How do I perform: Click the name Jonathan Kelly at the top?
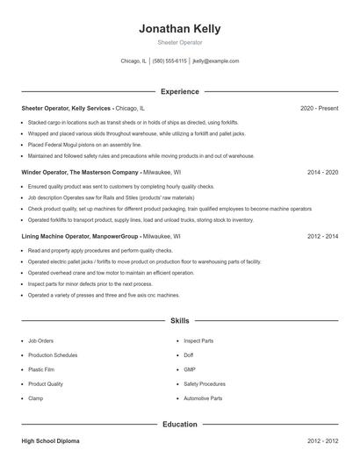(x=179, y=28)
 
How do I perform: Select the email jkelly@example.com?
(x=216, y=61)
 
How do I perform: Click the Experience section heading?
(x=179, y=91)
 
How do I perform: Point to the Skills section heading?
(x=179, y=321)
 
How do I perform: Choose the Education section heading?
(x=179, y=425)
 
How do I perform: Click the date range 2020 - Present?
(x=319, y=108)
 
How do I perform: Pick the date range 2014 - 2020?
(x=322, y=173)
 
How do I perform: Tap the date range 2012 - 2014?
(x=322, y=237)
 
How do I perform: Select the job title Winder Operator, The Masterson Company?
(x=80, y=173)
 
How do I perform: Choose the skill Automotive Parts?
(x=203, y=398)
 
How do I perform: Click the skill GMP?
(x=189, y=369)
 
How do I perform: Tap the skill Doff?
(x=188, y=354)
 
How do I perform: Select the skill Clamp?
(x=36, y=398)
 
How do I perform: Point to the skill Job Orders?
(x=40, y=340)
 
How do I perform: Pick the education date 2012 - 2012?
(x=322, y=440)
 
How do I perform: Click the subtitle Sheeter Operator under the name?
(x=179, y=42)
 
